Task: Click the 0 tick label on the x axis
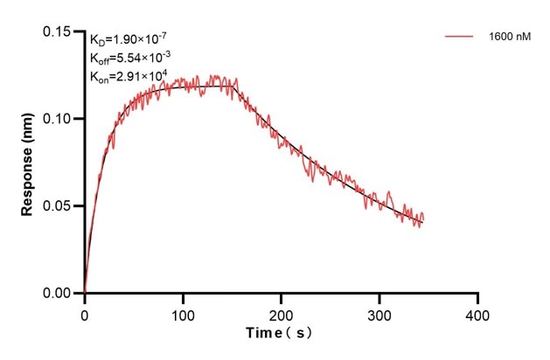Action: [84, 313]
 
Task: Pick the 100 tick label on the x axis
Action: [182, 313]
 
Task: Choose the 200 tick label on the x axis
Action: [281, 313]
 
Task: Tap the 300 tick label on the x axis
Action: [379, 313]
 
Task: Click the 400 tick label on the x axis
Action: [477, 313]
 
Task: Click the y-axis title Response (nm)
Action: [28, 163]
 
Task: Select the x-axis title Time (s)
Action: [279, 333]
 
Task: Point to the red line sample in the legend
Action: [459, 37]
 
